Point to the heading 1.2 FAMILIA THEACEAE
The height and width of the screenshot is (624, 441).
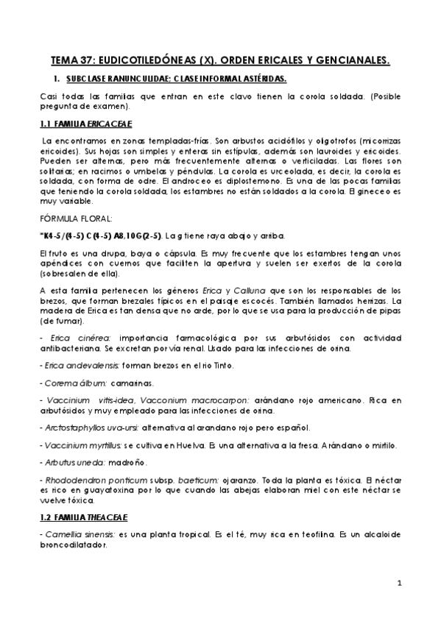coord(87,516)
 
